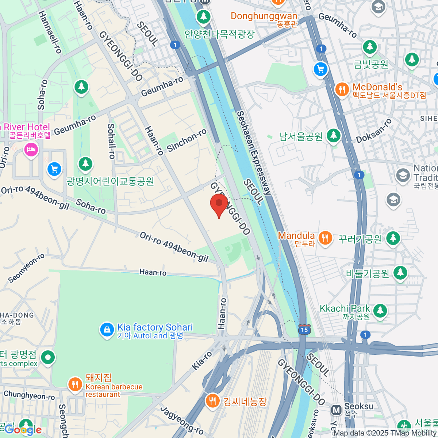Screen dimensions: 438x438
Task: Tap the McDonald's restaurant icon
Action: click(342, 89)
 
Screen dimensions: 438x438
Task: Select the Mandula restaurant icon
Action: click(324, 238)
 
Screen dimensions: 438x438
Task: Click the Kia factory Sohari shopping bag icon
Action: click(107, 330)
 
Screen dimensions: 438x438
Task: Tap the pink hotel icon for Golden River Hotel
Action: click(31, 149)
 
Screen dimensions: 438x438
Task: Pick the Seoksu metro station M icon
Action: click(336, 410)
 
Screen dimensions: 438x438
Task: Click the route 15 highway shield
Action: click(304, 330)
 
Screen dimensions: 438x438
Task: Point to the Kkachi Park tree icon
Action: click(380, 310)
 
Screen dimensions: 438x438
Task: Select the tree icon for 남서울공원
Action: click(333, 136)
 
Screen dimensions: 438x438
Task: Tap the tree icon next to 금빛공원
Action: click(370, 47)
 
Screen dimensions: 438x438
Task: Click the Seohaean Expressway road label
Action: click(254, 153)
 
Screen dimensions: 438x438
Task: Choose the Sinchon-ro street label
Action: click(187, 141)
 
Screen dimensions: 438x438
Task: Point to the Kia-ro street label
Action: click(202, 361)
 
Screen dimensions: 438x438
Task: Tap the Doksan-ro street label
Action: click(374, 131)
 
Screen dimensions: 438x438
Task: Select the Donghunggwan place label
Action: click(264, 16)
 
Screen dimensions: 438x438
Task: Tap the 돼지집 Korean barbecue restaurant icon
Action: click(75, 384)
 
